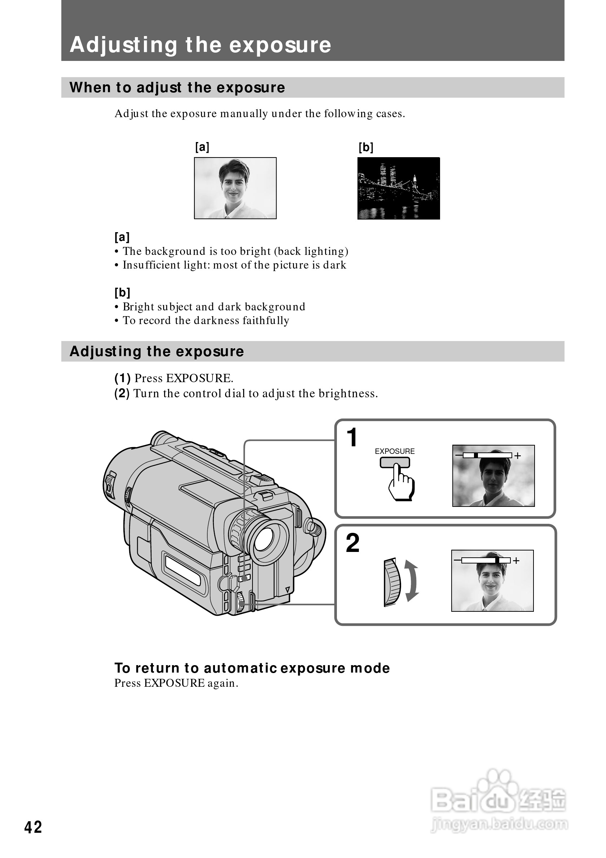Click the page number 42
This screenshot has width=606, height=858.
tap(33, 827)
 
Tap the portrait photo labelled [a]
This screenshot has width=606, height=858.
tap(235, 188)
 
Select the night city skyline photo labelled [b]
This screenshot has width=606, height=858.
tap(399, 188)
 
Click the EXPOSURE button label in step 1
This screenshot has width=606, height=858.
tap(394, 451)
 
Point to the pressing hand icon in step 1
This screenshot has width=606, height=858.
tap(401, 483)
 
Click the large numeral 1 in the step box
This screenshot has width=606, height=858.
tap(352, 437)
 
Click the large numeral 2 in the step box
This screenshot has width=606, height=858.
tap(352, 543)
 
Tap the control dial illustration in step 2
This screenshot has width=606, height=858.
tap(391, 582)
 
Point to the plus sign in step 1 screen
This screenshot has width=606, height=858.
tap(517, 456)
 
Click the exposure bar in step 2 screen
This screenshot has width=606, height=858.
tap(486, 560)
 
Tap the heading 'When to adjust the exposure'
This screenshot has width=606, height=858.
tap(177, 88)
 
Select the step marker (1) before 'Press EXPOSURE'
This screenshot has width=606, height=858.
tap(122, 378)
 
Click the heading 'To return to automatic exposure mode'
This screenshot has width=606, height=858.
tap(252, 668)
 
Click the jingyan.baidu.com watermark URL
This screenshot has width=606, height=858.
tap(499, 824)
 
